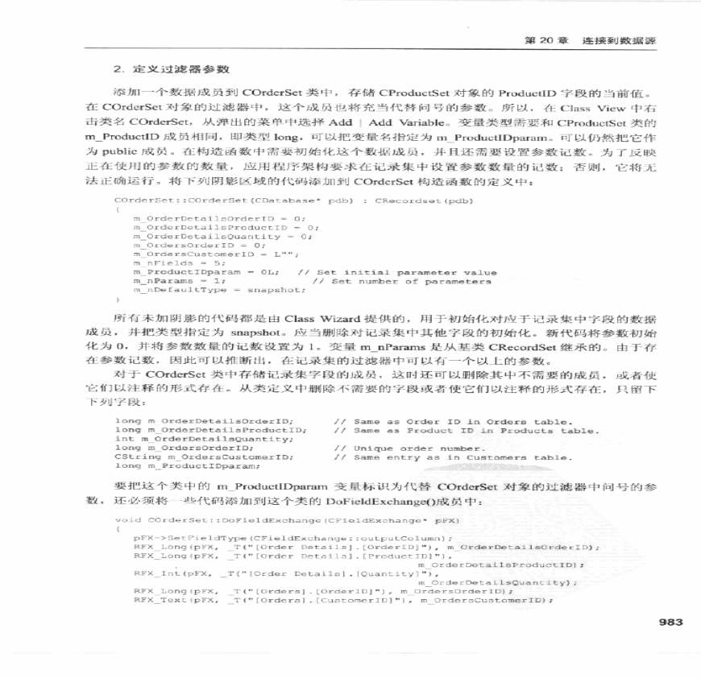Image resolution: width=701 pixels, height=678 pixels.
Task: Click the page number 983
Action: pyautogui.click(x=670, y=622)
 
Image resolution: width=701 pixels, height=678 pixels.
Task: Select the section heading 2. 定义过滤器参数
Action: pyautogui.click(x=164, y=72)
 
